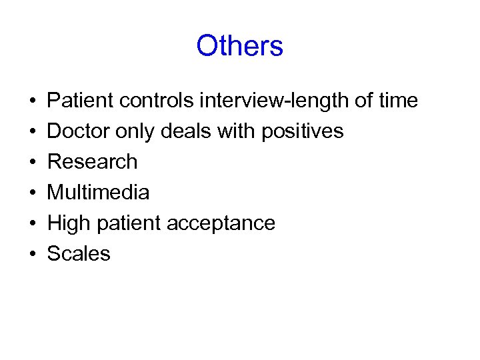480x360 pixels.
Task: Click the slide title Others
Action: point(240,46)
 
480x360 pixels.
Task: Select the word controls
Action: point(157,101)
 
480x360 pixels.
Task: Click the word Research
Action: point(93,162)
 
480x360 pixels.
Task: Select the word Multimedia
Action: point(98,193)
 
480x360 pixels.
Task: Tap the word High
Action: point(69,223)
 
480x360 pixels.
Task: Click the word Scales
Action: point(79,254)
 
